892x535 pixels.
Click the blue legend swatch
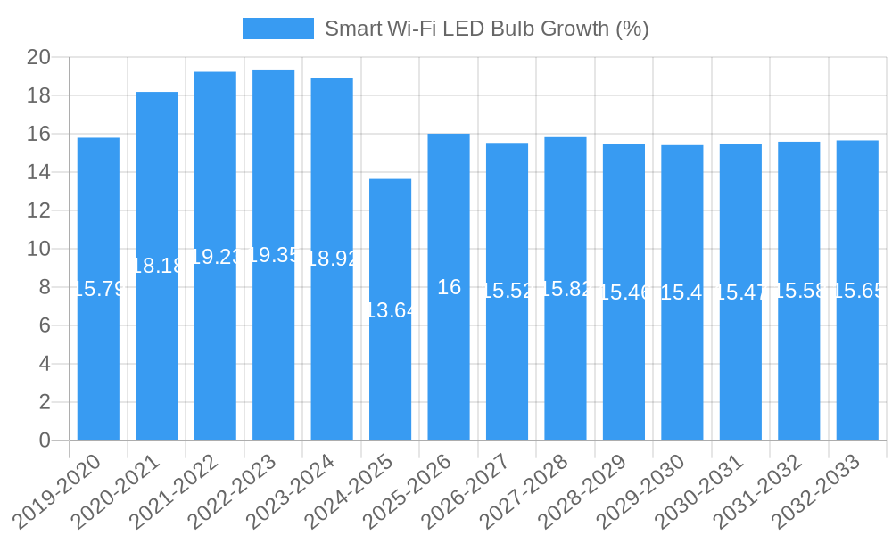(x=277, y=29)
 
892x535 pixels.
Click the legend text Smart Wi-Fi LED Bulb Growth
(x=486, y=29)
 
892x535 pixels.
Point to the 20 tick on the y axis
(x=38, y=58)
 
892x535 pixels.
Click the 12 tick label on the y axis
(x=38, y=211)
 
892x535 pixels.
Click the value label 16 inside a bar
(x=449, y=287)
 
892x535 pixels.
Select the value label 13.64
(x=390, y=310)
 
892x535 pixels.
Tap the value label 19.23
(x=215, y=257)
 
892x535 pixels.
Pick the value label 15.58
(x=798, y=291)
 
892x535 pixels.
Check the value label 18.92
(x=332, y=259)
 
